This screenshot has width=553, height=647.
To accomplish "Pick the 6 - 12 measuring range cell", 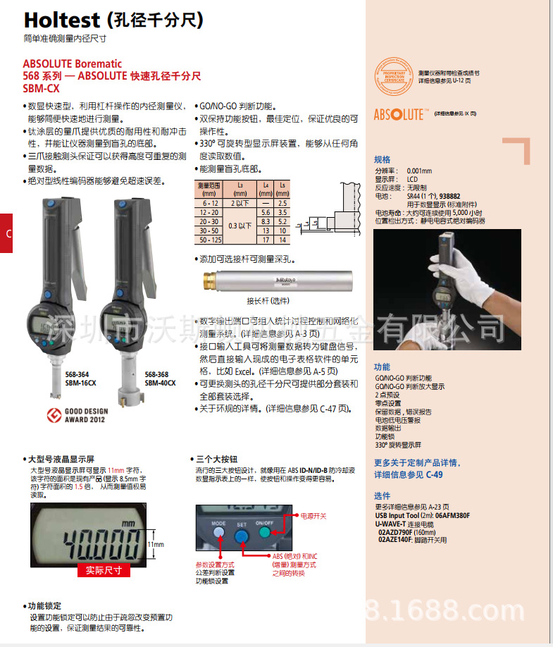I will coord(209,202).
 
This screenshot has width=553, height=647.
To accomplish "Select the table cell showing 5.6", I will coord(266,211).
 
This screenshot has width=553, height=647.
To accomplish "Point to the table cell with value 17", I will coord(266,240).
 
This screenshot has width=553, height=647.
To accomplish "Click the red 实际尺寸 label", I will coord(104,570).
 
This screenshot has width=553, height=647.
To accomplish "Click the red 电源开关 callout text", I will coord(313,517).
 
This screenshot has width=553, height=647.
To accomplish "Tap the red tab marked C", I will coord(6,235).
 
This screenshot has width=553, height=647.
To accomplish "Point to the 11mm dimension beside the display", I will coord(156,545).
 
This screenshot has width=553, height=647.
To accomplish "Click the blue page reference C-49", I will coord(433,475).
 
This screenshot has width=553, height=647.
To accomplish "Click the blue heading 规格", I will coord(382,159).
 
